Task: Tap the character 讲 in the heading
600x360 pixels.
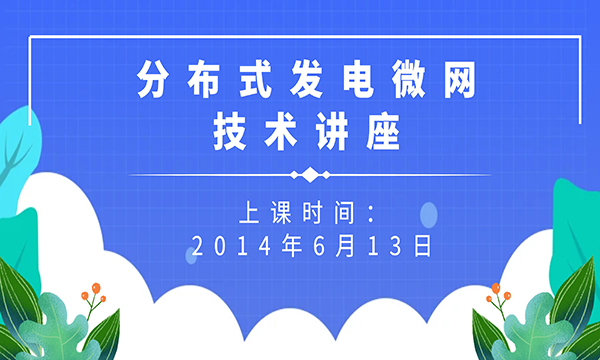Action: (327, 132)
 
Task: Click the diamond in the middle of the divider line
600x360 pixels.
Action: (311, 176)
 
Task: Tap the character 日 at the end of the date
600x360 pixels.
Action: (423, 245)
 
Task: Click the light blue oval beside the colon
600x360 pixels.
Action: (429, 213)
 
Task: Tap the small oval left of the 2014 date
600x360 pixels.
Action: (190, 256)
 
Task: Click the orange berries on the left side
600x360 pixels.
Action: (93, 293)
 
